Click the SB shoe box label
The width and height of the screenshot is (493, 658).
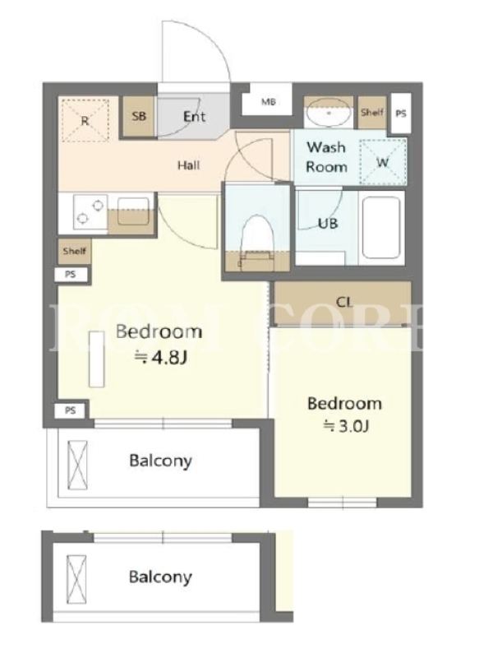(139, 116)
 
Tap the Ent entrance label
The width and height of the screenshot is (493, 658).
(195, 116)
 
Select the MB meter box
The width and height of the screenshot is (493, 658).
(269, 101)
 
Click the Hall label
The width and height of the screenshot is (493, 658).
(189, 165)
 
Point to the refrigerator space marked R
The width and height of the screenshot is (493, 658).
(85, 121)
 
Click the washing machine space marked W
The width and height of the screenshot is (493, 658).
(383, 161)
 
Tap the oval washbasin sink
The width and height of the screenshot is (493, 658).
(329, 113)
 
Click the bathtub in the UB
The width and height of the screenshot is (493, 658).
(381, 228)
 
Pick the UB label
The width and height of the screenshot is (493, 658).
(328, 223)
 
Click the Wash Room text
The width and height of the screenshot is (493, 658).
(326, 157)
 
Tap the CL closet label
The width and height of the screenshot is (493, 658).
(344, 302)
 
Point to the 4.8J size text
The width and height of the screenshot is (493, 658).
(160, 358)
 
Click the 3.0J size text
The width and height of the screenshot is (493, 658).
(346, 426)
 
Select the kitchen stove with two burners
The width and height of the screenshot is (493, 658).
(90, 212)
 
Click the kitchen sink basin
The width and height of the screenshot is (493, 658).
(133, 212)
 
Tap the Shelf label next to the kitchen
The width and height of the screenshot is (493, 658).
(74, 251)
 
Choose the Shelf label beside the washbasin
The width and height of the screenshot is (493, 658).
(372, 112)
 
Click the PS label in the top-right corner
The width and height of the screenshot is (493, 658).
(401, 114)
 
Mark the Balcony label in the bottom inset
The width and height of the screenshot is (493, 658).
(160, 577)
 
